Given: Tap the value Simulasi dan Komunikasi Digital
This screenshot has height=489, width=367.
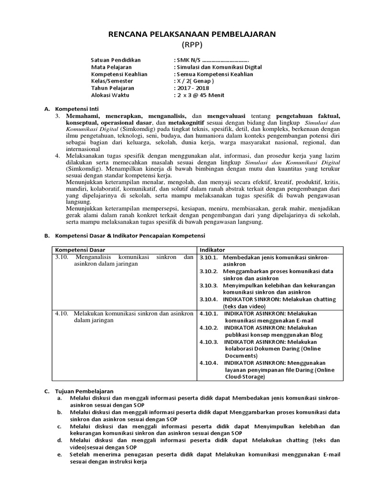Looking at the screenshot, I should tap(219, 67).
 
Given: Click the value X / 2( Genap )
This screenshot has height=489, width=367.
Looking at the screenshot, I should tap(195, 81).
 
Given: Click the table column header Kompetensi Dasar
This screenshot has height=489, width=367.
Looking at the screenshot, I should tap(80, 250).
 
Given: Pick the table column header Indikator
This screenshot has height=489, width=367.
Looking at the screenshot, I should tap(212, 250).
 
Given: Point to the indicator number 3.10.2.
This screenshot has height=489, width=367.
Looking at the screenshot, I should tap(209, 271).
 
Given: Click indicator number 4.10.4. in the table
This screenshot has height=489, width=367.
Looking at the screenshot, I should tap(209, 363).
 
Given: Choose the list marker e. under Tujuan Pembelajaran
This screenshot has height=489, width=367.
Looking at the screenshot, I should tap(59, 455).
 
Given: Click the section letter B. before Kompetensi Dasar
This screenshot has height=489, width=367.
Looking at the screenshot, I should tap(47, 236).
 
